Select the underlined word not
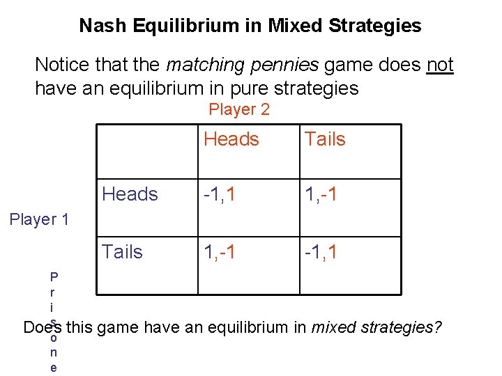[440, 65]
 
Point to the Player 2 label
[239, 109]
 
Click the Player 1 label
[39, 219]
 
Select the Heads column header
[231, 139]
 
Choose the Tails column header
[325, 139]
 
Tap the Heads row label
[130, 194]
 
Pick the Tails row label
[122, 251]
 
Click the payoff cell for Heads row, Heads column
[220, 194]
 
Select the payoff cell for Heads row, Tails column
[321, 194]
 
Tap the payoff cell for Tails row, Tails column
[321, 251]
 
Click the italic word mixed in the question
[331, 327]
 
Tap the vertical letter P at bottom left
[54, 275]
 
